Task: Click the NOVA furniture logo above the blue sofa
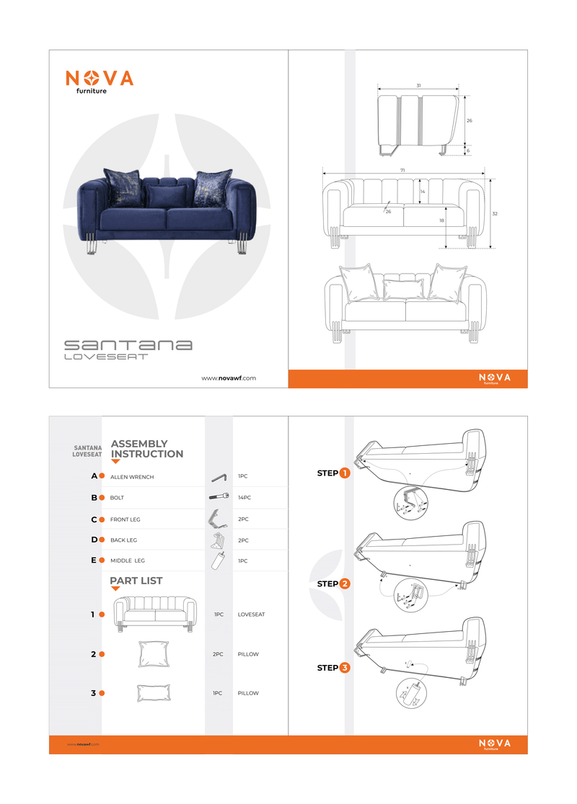click(x=100, y=81)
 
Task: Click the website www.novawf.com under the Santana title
click(x=229, y=378)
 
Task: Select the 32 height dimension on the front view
click(x=495, y=214)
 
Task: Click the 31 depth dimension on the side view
click(x=418, y=86)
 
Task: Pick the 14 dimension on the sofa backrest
click(x=423, y=192)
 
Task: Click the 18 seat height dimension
click(x=441, y=221)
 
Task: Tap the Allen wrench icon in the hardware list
click(x=219, y=477)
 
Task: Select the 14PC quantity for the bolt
click(x=245, y=498)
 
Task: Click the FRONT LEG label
click(x=125, y=519)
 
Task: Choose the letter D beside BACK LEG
click(x=94, y=540)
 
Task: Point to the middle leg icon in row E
click(x=217, y=561)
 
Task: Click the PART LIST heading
click(x=136, y=581)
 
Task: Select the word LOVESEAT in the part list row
click(x=251, y=615)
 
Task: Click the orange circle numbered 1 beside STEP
click(x=345, y=473)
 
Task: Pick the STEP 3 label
click(x=333, y=668)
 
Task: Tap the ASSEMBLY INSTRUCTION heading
click(x=146, y=449)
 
